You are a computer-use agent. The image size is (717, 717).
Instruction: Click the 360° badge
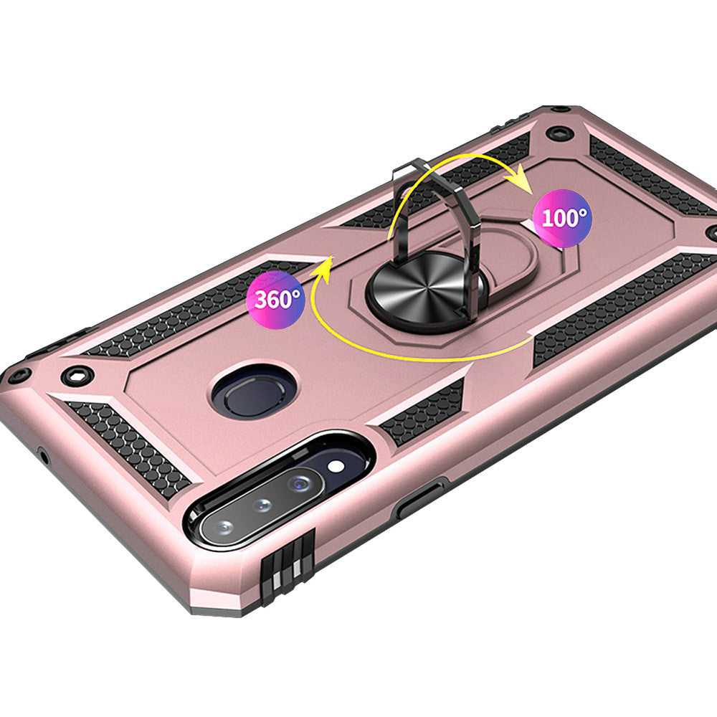coord(275,300)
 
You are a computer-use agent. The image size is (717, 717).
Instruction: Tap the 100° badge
coord(562,218)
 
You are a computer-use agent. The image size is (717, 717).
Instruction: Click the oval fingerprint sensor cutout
coord(255,391)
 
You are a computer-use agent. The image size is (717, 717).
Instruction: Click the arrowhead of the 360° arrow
coord(323,268)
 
